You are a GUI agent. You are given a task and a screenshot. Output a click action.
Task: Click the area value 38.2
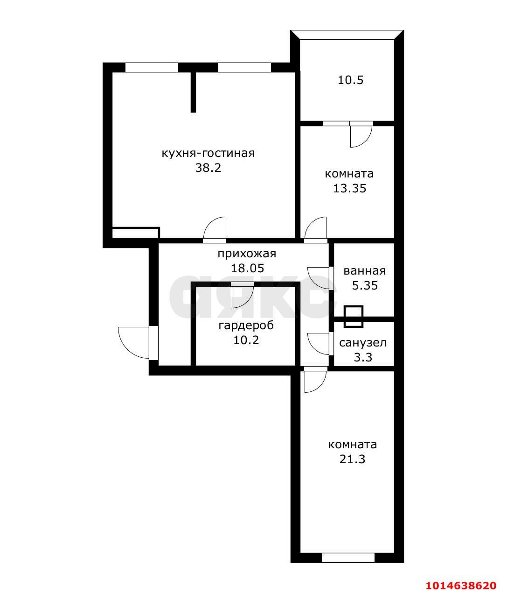pos(208,168)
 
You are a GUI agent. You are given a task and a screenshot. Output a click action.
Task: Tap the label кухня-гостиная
pos(208,153)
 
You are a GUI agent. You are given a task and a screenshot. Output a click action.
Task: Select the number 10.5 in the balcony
pos(350,80)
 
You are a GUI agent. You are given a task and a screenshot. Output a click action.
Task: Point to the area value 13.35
pos(349,189)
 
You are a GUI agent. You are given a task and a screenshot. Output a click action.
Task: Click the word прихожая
pos(247,254)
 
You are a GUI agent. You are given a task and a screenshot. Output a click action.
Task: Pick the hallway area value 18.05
pos(248,269)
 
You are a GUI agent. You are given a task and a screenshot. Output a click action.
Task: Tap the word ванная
pos(365,271)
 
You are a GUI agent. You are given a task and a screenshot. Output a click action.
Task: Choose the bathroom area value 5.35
pos(365,286)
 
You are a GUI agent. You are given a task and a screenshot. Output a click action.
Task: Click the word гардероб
pos(246,325)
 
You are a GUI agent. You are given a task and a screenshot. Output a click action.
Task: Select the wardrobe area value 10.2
pos(246,340)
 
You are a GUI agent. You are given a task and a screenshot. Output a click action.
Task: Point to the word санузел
pos(362,343)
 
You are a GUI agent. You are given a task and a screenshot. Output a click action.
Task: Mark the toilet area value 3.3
pos(363,358)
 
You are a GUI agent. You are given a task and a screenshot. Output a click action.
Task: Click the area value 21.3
pos(352,459)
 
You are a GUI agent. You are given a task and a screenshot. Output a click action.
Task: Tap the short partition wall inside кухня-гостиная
pos(193,92)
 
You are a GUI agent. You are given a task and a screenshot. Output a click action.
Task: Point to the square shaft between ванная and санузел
pos(354,317)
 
